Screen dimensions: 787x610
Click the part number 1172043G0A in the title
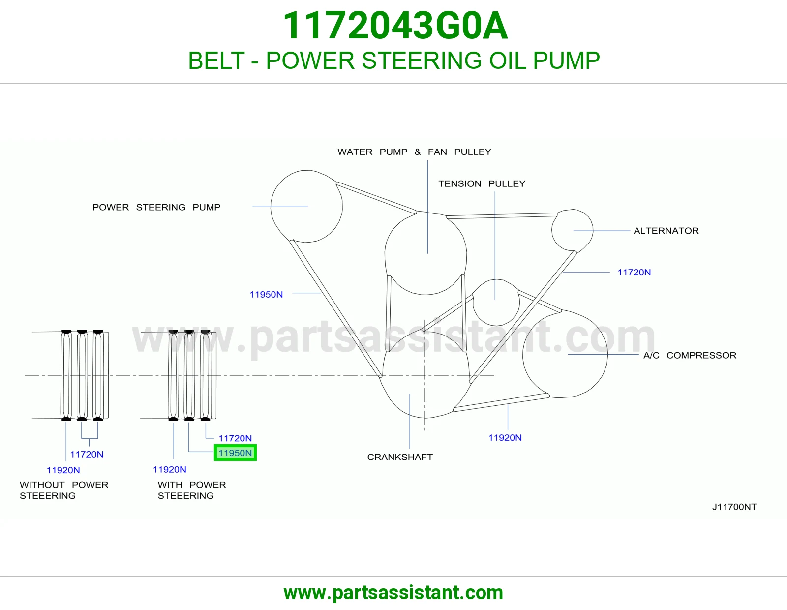(395, 26)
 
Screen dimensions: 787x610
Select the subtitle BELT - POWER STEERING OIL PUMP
(393, 61)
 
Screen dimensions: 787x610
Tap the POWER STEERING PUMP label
(156, 207)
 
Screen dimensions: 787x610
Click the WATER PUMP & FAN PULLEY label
(414, 152)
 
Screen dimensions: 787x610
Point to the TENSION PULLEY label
(482, 183)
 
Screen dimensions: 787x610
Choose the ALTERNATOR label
(666, 231)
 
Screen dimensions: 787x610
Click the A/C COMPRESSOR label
(690, 355)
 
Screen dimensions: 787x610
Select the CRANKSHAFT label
(400, 457)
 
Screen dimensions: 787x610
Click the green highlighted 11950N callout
(235, 453)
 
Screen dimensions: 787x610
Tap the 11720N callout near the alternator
(634, 273)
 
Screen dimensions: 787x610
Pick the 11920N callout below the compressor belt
(505, 438)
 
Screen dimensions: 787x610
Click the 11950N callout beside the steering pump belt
(266, 295)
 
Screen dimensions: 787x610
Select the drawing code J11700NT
(734, 507)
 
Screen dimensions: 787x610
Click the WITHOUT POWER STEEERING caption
(64, 490)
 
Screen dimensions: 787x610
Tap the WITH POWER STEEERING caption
(192, 490)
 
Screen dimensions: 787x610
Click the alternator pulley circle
(551, 230)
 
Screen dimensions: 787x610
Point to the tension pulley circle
(473, 303)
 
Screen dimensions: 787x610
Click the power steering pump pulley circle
(271, 206)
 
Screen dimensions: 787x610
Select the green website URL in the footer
(393, 593)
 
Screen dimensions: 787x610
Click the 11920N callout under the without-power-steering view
(63, 470)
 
